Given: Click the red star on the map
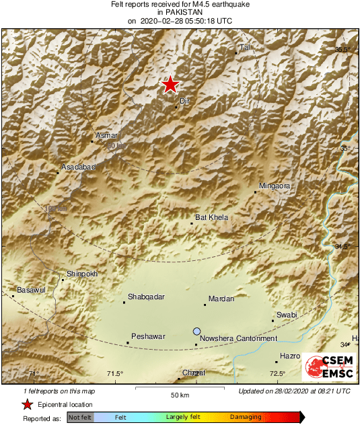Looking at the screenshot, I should [170, 85].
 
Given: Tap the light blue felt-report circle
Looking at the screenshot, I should [196, 332].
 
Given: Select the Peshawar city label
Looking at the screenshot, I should [148, 336].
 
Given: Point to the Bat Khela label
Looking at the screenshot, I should [211, 217].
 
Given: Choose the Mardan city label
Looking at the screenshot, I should [221, 299].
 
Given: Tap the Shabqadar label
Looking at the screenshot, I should [146, 297].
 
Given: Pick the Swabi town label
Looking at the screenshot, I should [287, 315].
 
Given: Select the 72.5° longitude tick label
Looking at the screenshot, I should [277, 374].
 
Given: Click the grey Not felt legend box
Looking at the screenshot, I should [80, 417].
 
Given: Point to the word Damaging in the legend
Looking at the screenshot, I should [246, 417].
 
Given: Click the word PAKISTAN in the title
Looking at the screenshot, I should [179, 12].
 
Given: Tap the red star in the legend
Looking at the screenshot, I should [28, 404].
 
